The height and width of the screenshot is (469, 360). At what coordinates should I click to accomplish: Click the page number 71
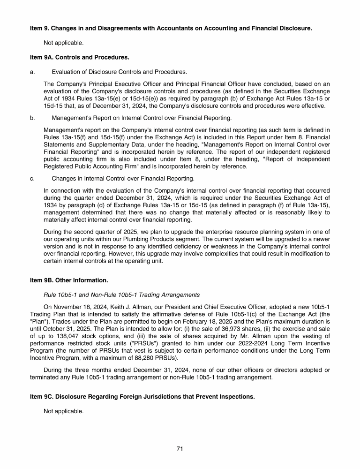point(180,448)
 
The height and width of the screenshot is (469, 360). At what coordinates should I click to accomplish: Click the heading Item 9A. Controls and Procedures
point(79,57)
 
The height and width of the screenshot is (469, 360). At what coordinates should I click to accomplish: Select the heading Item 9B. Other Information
point(69,280)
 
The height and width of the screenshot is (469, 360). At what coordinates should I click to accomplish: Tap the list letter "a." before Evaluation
point(32,72)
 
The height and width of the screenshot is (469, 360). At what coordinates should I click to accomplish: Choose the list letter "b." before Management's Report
point(32,118)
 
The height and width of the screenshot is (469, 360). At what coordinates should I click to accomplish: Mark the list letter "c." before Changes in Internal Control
point(32,178)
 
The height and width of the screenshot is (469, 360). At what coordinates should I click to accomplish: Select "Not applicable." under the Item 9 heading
point(63,43)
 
